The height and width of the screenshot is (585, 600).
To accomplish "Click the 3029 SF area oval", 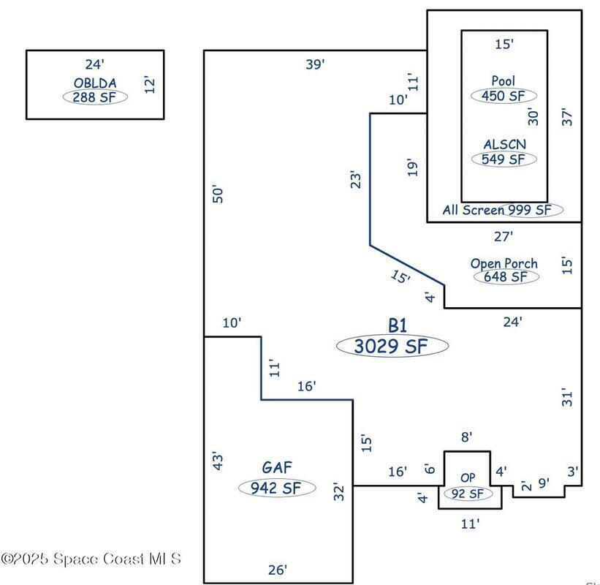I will pyautogui.click(x=392, y=347).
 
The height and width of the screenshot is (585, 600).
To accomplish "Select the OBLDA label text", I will pyautogui.click(x=95, y=83).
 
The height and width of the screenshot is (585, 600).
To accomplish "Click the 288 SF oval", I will pyautogui.click(x=95, y=97).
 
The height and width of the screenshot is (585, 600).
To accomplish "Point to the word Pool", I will pyautogui.click(x=504, y=80).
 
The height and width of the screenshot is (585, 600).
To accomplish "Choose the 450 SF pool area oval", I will pyautogui.click(x=504, y=95).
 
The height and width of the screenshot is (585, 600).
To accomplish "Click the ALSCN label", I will pyautogui.click(x=504, y=145).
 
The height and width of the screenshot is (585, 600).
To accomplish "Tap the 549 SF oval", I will pyautogui.click(x=504, y=159).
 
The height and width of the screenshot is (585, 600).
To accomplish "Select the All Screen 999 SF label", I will pyautogui.click(x=502, y=210).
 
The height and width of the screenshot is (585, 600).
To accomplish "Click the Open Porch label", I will pyautogui.click(x=504, y=263).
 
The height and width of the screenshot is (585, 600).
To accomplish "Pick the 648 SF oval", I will pyautogui.click(x=506, y=277).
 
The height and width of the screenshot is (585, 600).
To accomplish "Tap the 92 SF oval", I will pyautogui.click(x=468, y=494).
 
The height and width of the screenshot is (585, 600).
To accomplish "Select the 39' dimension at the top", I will pyautogui.click(x=315, y=64).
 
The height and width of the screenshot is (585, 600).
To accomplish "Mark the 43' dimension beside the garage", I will pyautogui.click(x=217, y=461).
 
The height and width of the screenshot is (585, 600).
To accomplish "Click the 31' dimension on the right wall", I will pyautogui.click(x=569, y=397).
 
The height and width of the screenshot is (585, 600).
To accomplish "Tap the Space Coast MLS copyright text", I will pyautogui.click(x=91, y=559).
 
